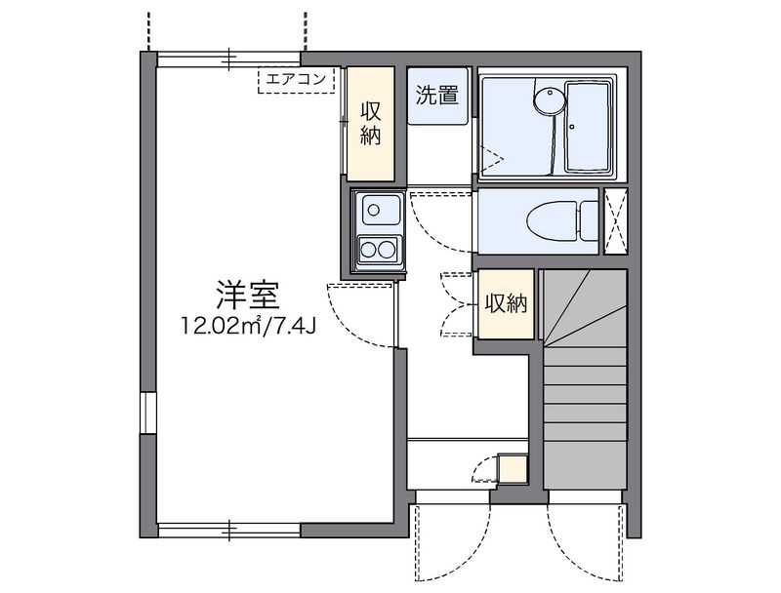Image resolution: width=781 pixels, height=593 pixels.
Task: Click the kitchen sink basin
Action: coord(379,209)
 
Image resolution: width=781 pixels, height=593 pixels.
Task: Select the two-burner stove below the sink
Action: coord(379,250)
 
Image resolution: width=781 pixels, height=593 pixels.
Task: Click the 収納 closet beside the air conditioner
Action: coord(369,123)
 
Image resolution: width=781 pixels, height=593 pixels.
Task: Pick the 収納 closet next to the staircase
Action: coord(507,304)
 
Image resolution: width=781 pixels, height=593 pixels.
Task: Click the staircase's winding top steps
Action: coord(584,304)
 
